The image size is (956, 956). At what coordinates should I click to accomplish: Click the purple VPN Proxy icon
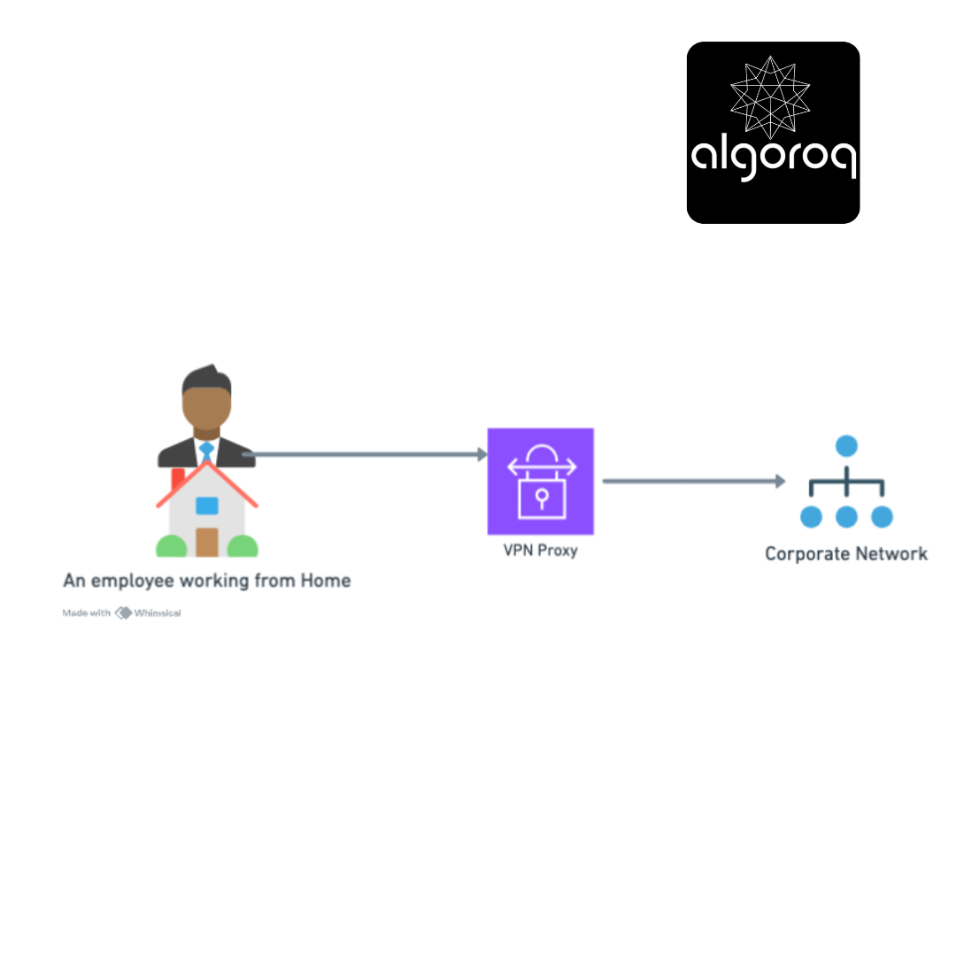pos(540,481)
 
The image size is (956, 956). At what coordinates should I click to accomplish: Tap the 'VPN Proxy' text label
pos(540,551)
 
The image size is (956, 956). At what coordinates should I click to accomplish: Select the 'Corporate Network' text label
pos(846,553)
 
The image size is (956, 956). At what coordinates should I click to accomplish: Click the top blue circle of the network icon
pos(846,445)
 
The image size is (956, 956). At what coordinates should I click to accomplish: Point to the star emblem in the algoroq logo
pos(770,97)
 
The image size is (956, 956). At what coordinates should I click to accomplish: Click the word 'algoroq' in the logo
pos(774,158)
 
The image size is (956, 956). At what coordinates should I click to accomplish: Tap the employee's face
pos(206,406)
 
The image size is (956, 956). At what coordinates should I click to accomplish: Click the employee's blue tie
pos(206,451)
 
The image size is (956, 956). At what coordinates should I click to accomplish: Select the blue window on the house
pos(206,505)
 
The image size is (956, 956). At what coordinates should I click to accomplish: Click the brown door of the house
pos(206,542)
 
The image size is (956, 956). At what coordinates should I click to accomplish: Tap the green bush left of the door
pos(172,546)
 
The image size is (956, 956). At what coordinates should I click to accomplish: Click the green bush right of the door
pos(243,546)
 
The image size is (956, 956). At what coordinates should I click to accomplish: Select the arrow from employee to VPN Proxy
pos(366,454)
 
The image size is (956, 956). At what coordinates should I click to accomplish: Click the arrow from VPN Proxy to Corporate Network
pos(694,481)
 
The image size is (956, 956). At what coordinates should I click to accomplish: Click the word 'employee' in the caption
pos(132,581)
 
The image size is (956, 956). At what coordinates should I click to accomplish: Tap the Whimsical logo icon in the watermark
pos(123,613)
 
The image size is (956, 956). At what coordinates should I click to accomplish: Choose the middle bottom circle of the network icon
pos(846,517)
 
